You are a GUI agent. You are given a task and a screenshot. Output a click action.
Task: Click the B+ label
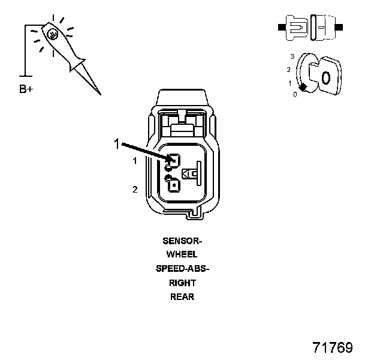(x=26, y=90)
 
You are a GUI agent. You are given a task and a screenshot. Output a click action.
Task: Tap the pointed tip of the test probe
(x=99, y=93)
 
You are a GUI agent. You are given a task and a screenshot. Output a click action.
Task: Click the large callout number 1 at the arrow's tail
(x=117, y=143)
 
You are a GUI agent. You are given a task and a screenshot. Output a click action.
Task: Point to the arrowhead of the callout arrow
(x=170, y=160)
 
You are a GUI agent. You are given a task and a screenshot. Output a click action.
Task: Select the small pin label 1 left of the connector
(x=135, y=161)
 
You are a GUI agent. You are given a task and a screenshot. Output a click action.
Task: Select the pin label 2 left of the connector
(x=135, y=190)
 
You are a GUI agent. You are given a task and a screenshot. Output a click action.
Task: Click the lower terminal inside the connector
(x=173, y=185)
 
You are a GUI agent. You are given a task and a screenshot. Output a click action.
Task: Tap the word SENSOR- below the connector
(x=183, y=241)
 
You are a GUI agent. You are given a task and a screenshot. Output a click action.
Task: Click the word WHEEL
(x=183, y=255)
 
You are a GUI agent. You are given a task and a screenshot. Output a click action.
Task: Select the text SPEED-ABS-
(x=183, y=269)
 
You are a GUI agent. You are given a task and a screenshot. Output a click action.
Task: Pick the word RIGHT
(x=183, y=283)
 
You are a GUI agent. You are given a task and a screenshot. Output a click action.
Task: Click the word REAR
(x=183, y=296)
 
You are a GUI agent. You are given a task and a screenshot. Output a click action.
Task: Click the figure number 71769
(x=333, y=347)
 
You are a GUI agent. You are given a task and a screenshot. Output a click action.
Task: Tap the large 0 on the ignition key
(x=325, y=77)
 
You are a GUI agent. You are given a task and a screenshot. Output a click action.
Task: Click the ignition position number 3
(x=292, y=56)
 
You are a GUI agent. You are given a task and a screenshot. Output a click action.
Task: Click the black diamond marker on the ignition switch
(x=303, y=88)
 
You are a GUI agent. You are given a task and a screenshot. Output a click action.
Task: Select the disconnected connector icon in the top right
(x=310, y=27)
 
